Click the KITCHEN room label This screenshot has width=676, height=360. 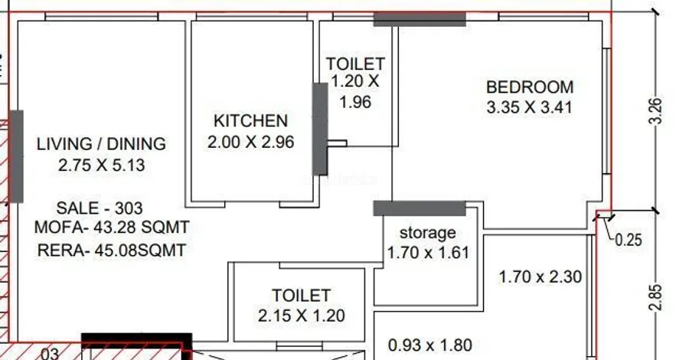(x=250, y=121)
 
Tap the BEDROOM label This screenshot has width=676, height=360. (x=530, y=87)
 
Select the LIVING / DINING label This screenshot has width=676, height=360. (x=101, y=144)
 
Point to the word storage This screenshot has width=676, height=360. (x=428, y=233)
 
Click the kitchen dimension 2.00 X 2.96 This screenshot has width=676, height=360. (x=250, y=142)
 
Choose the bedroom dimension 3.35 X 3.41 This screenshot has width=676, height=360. (x=530, y=107)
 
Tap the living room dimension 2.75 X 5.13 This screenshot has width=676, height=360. (x=101, y=165)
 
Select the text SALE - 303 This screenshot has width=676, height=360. (x=100, y=208)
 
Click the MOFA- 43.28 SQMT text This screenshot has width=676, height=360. (x=112, y=227)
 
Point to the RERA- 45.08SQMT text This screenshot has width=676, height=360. (x=112, y=250)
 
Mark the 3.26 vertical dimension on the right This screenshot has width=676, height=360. (x=655, y=111)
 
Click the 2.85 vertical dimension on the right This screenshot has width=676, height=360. (x=655, y=297)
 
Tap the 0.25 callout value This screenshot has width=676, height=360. (x=629, y=240)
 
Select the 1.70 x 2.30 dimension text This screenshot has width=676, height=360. (x=540, y=277)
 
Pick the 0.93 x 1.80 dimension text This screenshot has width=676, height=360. (x=429, y=345)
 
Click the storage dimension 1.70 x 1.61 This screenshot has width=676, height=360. (x=428, y=253)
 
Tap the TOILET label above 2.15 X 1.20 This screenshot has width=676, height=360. (x=302, y=296)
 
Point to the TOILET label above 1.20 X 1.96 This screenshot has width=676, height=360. (x=355, y=64)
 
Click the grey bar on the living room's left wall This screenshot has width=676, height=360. (x=16, y=156)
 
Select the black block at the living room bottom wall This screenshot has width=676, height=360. (x=137, y=341)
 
